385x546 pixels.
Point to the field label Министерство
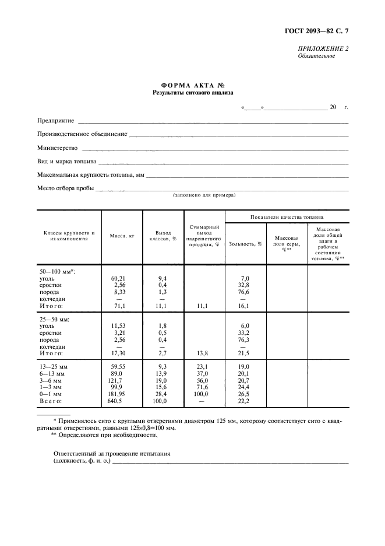point(57,148)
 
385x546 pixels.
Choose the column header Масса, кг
point(122,236)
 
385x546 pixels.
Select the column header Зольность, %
point(245,244)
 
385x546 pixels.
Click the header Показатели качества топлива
point(287,216)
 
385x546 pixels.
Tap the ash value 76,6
point(245,292)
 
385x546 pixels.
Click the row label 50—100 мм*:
point(58,271)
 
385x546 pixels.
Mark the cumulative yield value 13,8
point(204,353)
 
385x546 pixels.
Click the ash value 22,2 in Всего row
point(245,401)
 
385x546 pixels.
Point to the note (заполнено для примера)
point(203,195)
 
